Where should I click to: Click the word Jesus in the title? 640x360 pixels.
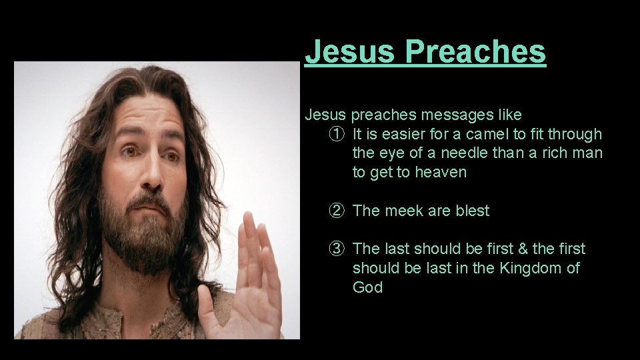(348, 51)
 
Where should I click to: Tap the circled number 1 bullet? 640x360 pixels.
(337, 135)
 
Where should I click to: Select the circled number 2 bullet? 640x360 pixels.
(337, 211)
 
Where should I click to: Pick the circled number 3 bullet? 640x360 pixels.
(337, 249)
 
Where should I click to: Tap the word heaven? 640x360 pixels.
(441, 173)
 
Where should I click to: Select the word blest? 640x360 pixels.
(473, 211)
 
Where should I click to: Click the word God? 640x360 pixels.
(368, 288)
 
